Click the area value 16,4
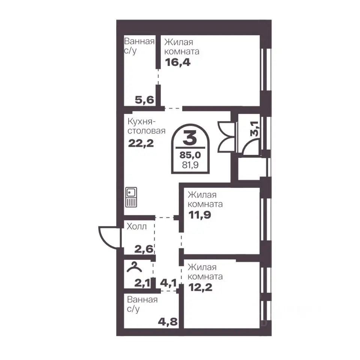(178, 62)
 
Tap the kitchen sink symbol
(131, 197)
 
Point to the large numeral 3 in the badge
(190, 138)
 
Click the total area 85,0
(190, 155)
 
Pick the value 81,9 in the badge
(190, 165)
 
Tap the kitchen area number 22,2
(141, 144)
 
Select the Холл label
(136, 226)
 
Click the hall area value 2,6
(144, 249)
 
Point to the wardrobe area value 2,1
(142, 283)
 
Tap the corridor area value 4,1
(168, 283)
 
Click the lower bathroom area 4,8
(168, 322)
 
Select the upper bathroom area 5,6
(144, 100)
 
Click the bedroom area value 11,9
(200, 215)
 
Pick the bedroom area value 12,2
(200, 287)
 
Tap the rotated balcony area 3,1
(255, 129)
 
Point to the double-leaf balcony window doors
(226, 137)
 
